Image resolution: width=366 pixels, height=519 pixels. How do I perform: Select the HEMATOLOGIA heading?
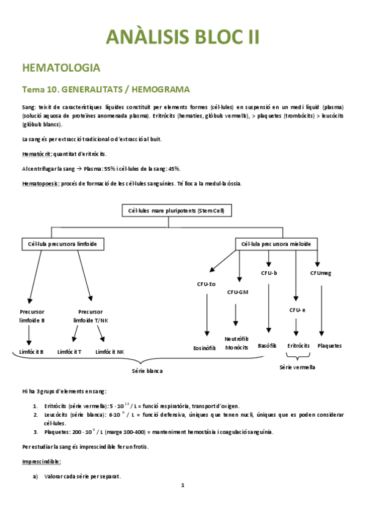click(61, 67)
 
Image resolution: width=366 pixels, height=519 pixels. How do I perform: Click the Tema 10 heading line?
click(106, 89)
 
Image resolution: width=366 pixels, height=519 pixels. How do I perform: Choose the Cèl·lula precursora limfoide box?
click(62, 244)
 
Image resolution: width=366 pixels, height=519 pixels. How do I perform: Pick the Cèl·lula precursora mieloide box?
click(276, 244)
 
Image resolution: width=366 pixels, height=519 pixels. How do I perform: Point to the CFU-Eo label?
click(205, 283)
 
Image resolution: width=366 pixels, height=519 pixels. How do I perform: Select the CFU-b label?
click(269, 273)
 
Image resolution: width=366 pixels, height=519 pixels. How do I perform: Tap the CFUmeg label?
click(321, 273)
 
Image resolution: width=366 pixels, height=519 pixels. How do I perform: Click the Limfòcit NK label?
click(110, 351)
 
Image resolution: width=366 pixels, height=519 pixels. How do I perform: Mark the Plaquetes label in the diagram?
click(330, 345)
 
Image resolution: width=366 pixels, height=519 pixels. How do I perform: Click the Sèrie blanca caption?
click(147, 371)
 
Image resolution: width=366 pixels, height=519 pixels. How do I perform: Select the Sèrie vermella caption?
click(297, 367)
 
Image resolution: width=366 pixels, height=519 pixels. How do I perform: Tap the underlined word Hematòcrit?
click(36, 153)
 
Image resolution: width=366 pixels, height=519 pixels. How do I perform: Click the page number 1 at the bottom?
click(183, 485)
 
